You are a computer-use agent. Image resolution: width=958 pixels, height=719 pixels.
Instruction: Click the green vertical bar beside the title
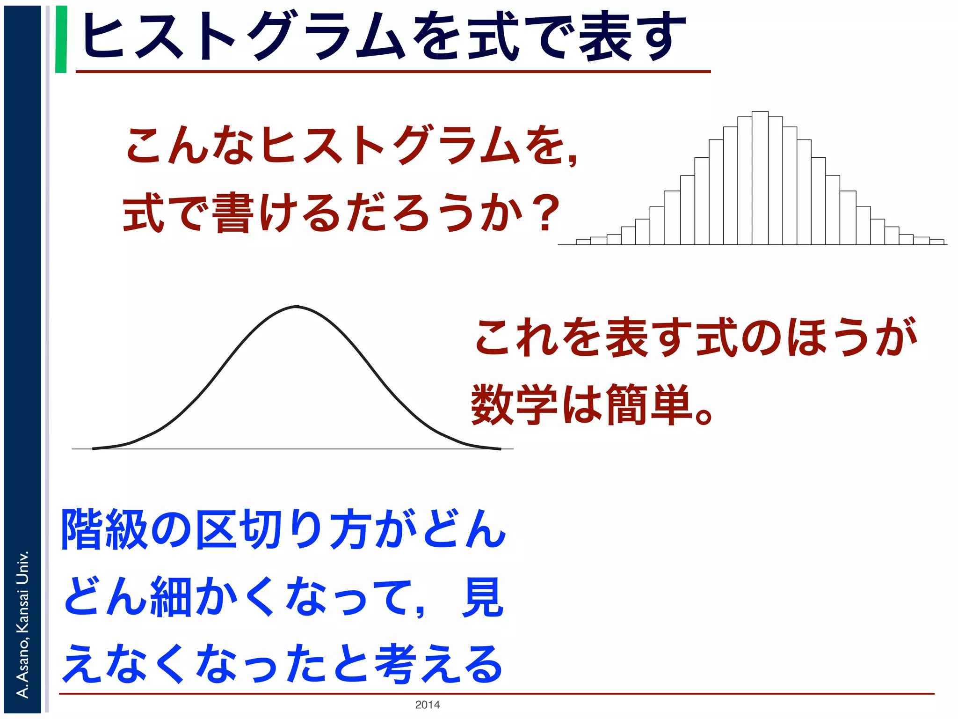pyautogui.click(x=61, y=39)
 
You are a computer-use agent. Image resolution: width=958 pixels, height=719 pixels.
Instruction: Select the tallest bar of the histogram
pyautogui.click(x=760, y=178)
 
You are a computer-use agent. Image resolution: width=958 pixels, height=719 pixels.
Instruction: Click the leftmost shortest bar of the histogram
pyautogui.click(x=583, y=242)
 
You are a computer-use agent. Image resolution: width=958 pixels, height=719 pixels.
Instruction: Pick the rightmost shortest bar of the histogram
pyautogui.click(x=936, y=242)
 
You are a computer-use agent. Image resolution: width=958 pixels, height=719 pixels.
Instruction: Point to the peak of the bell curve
pyautogui.click(x=298, y=307)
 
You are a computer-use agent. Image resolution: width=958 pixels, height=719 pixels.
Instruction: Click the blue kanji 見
pyautogui.click(x=482, y=597)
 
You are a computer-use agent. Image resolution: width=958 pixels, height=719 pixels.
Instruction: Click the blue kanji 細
pyautogui.click(x=171, y=597)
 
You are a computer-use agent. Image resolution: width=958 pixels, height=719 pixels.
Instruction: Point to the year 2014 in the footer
pyautogui.click(x=427, y=704)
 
